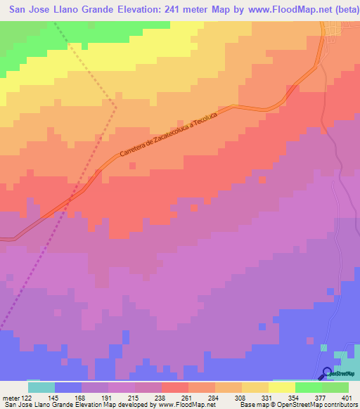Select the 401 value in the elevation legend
348,398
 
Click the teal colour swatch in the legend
41,387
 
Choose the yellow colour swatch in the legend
282,387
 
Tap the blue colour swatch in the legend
68,387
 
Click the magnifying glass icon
327,373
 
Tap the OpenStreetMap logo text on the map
343,374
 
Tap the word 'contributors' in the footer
340,405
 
